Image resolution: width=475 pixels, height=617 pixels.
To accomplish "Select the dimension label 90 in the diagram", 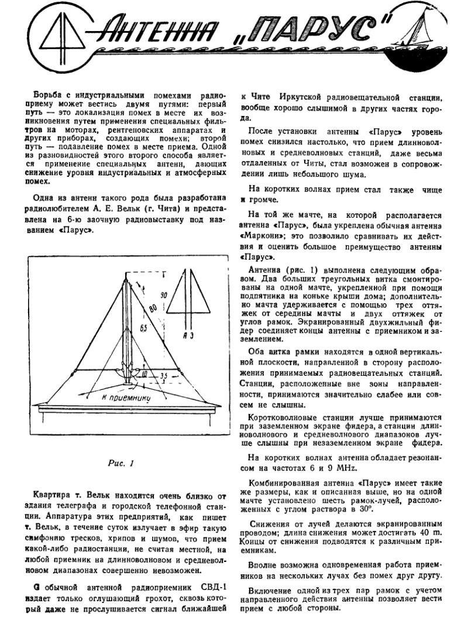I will tap(163, 297).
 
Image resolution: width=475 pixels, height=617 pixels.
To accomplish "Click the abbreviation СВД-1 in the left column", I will tap(202, 585).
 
